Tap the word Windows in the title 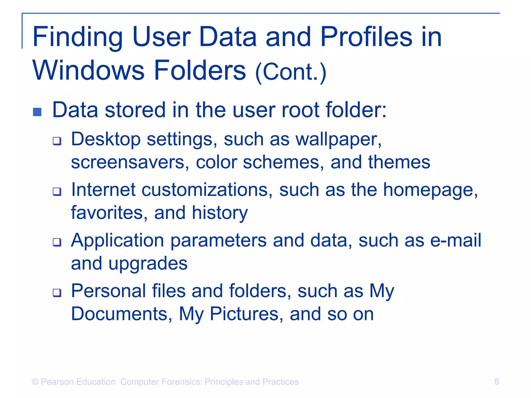click(x=88, y=70)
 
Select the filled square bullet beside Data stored click(x=37, y=112)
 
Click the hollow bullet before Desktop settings click(x=57, y=141)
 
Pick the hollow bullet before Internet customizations click(x=57, y=192)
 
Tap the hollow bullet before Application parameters click(x=57, y=242)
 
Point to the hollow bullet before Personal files click(x=57, y=293)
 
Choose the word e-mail click(x=456, y=240)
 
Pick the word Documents click(x=121, y=314)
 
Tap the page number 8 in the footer click(x=497, y=381)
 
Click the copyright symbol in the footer click(x=35, y=382)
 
